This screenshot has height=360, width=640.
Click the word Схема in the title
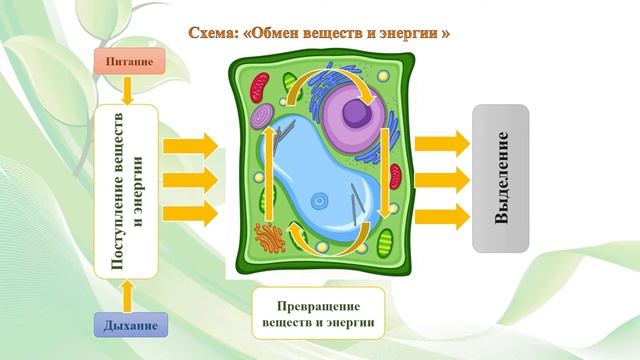coord(212,33)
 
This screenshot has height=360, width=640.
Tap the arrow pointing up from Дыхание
coord(127,296)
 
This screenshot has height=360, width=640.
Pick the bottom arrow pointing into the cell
coord(190,212)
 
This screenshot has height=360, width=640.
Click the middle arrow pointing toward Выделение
coord(441,180)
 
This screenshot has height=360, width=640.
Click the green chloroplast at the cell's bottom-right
coord(386,241)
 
